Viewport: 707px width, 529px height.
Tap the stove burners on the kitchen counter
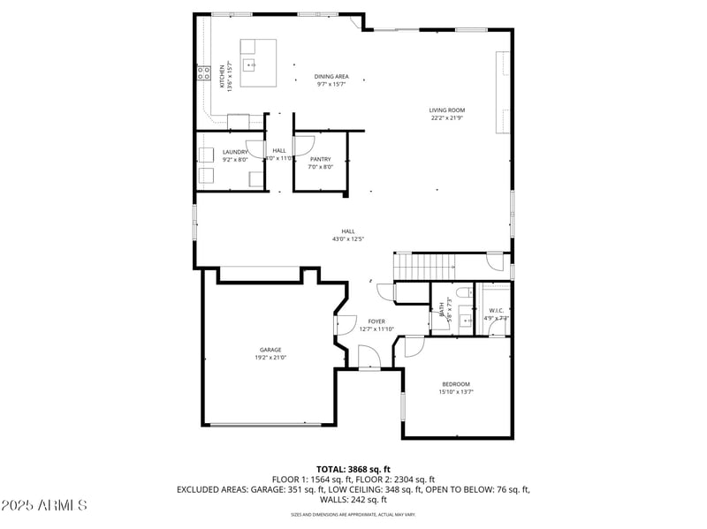click(202, 71)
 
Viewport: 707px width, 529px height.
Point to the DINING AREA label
click(331, 77)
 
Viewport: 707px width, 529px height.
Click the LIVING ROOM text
click(447, 110)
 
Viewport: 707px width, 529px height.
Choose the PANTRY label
click(320, 159)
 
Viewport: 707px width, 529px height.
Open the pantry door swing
click(306, 143)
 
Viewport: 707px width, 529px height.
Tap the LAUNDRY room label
click(235, 152)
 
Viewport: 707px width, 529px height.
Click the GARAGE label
click(270, 350)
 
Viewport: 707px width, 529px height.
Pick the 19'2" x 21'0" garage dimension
click(270, 358)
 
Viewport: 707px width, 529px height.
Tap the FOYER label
click(376, 321)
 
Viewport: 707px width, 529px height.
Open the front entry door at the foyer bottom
click(369, 359)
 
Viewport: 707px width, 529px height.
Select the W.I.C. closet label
click(496, 311)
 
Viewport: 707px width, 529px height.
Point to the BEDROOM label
click(456, 384)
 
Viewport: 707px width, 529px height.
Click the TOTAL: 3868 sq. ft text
click(353, 469)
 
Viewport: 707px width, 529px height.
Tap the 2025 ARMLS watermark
click(44, 505)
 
